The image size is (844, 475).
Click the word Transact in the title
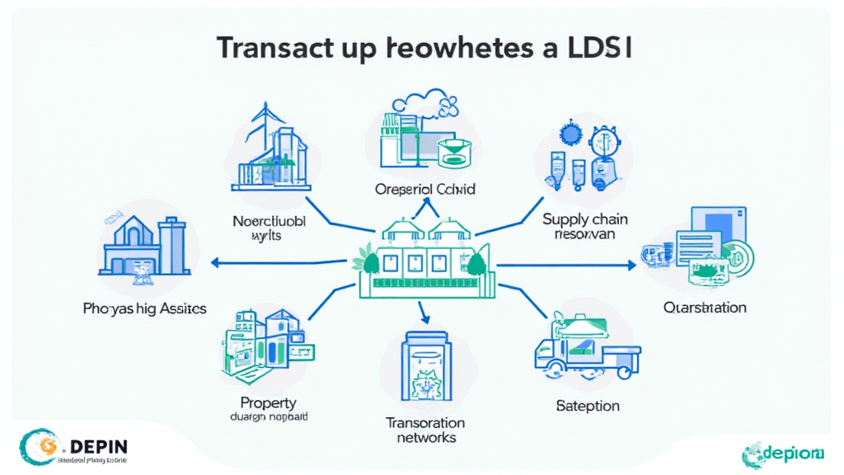276,48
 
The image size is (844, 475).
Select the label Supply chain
585,219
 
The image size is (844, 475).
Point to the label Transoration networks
425,430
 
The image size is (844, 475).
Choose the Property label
268,402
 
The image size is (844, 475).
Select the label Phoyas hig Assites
144,309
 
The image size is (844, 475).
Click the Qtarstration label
705,308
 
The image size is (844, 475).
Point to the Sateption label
587,406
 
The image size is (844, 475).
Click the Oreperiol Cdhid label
424,190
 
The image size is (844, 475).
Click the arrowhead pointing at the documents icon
631,265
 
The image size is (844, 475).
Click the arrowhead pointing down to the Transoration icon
425,317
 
